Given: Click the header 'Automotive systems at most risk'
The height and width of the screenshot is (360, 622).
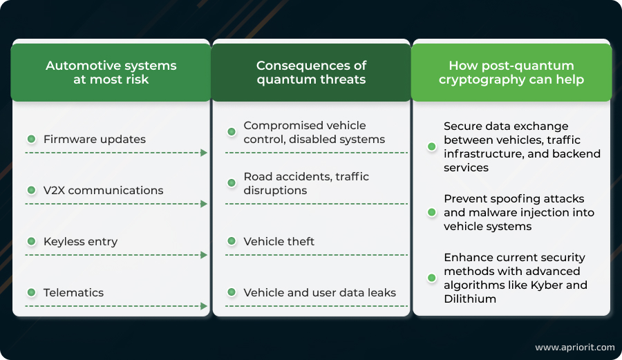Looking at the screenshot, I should click(x=111, y=72).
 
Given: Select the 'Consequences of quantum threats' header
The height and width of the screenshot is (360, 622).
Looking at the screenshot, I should click(x=311, y=72).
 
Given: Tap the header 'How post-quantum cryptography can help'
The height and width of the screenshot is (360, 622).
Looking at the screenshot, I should click(x=511, y=72).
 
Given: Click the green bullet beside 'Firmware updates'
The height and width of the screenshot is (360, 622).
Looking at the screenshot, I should click(x=31, y=139).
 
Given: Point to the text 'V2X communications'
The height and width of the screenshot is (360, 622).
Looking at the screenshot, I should click(x=103, y=190).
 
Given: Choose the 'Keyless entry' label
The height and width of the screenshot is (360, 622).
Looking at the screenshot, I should click(x=80, y=241).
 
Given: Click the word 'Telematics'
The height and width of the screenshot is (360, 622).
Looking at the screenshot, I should click(x=73, y=292).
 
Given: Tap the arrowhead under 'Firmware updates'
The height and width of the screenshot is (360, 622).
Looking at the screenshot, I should click(x=204, y=153).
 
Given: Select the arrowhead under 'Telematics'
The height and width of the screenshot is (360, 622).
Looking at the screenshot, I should click(x=204, y=306).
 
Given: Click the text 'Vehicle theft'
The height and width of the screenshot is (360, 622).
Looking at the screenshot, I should click(x=279, y=241).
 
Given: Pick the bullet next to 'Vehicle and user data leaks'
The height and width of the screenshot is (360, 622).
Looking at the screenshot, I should click(x=232, y=292).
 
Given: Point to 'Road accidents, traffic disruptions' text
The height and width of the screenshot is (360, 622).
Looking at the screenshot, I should click(x=306, y=183).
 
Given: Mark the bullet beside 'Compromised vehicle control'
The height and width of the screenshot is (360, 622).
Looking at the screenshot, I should click(x=232, y=132).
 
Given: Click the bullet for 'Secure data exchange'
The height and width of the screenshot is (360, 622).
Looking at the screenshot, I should click(x=432, y=146).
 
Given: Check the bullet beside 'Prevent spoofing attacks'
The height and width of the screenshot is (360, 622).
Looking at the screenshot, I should click(x=432, y=212).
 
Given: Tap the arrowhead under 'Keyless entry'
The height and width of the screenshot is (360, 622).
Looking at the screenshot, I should click(x=204, y=255).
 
